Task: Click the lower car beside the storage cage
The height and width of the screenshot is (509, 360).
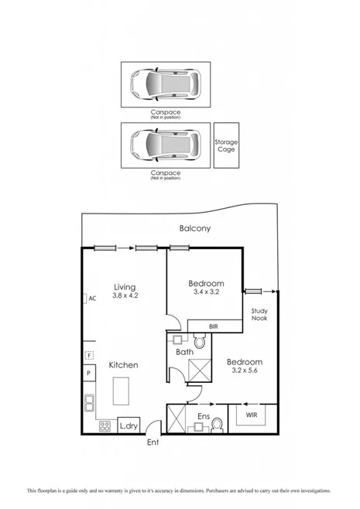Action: pos(166,143)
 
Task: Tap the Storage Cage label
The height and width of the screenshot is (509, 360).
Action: pos(226,145)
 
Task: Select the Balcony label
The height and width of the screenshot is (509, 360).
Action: pos(195,228)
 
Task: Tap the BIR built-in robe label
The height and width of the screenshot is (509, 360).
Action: pos(213,327)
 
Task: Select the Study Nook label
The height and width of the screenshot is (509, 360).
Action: pos(259,315)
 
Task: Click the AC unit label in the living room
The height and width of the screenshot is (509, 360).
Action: pos(91,298)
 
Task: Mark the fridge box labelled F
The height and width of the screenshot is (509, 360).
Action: pos(90,356)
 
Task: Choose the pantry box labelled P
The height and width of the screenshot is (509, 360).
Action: pos(89,373)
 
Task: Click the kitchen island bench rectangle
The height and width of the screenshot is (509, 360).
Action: pos(122,391)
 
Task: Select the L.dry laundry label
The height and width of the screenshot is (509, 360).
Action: pos(128,425)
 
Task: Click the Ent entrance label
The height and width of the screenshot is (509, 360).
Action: pos(155,442)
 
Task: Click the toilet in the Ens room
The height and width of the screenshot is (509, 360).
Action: pos(218,424)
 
